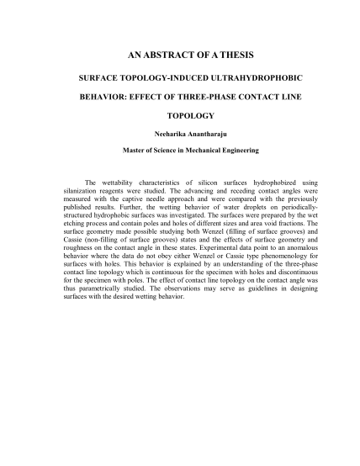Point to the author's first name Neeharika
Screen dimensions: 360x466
(152, 135)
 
